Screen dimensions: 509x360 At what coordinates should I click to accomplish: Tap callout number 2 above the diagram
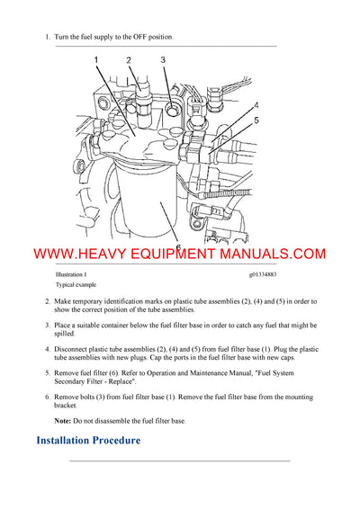129,60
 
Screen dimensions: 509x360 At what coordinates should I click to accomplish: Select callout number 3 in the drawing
163,60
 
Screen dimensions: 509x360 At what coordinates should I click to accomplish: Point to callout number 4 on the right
256,105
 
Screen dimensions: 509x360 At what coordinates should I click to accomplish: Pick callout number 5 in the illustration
256,121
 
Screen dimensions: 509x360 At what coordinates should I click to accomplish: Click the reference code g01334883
266,273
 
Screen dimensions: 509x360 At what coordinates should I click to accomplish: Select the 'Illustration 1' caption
71,273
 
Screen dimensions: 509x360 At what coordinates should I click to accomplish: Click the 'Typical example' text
76,284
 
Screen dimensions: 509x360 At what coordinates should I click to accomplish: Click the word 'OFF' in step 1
144,37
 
